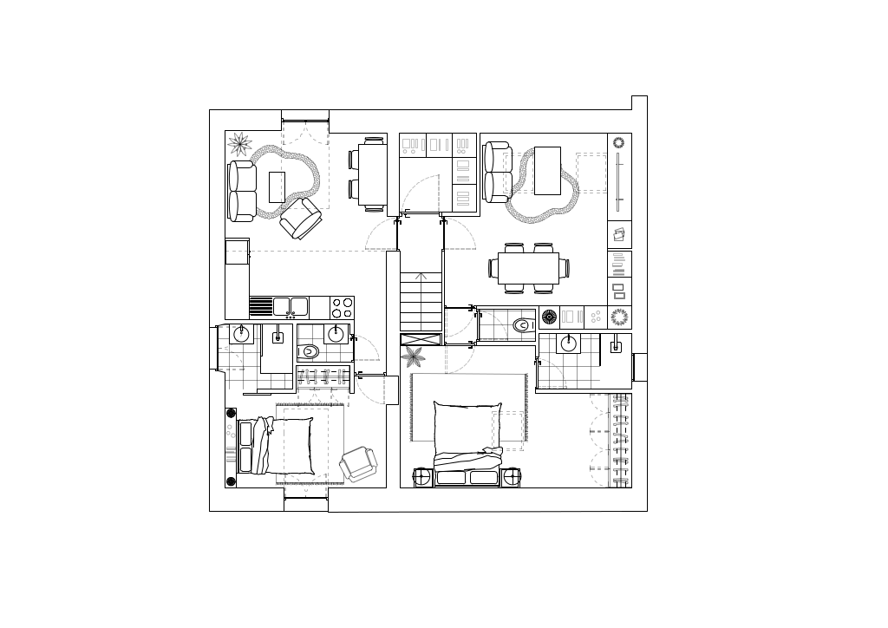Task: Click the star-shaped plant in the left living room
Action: click(239, 143)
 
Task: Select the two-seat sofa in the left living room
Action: click(242, 191)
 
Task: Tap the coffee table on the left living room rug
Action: click(277, 186)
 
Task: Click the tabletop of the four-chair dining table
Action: click(373, 173)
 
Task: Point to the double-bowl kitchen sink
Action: click(290, 306)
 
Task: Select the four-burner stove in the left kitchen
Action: click(342, 308)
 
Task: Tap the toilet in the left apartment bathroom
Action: click(309, 351)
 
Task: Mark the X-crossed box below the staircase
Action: click(421, 339)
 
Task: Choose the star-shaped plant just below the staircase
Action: click(414, 356)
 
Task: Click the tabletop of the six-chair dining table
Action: click(528, 268)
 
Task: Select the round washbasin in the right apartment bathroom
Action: click(568, 343)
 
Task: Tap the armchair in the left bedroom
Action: click(358, 464)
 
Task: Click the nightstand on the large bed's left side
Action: click(423, 477)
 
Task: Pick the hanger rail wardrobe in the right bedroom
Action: click(620, 441)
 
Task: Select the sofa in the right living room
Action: click(497, 173)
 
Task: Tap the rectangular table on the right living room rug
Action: click(547, 171)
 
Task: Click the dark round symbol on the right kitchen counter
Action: click(549, 317)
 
